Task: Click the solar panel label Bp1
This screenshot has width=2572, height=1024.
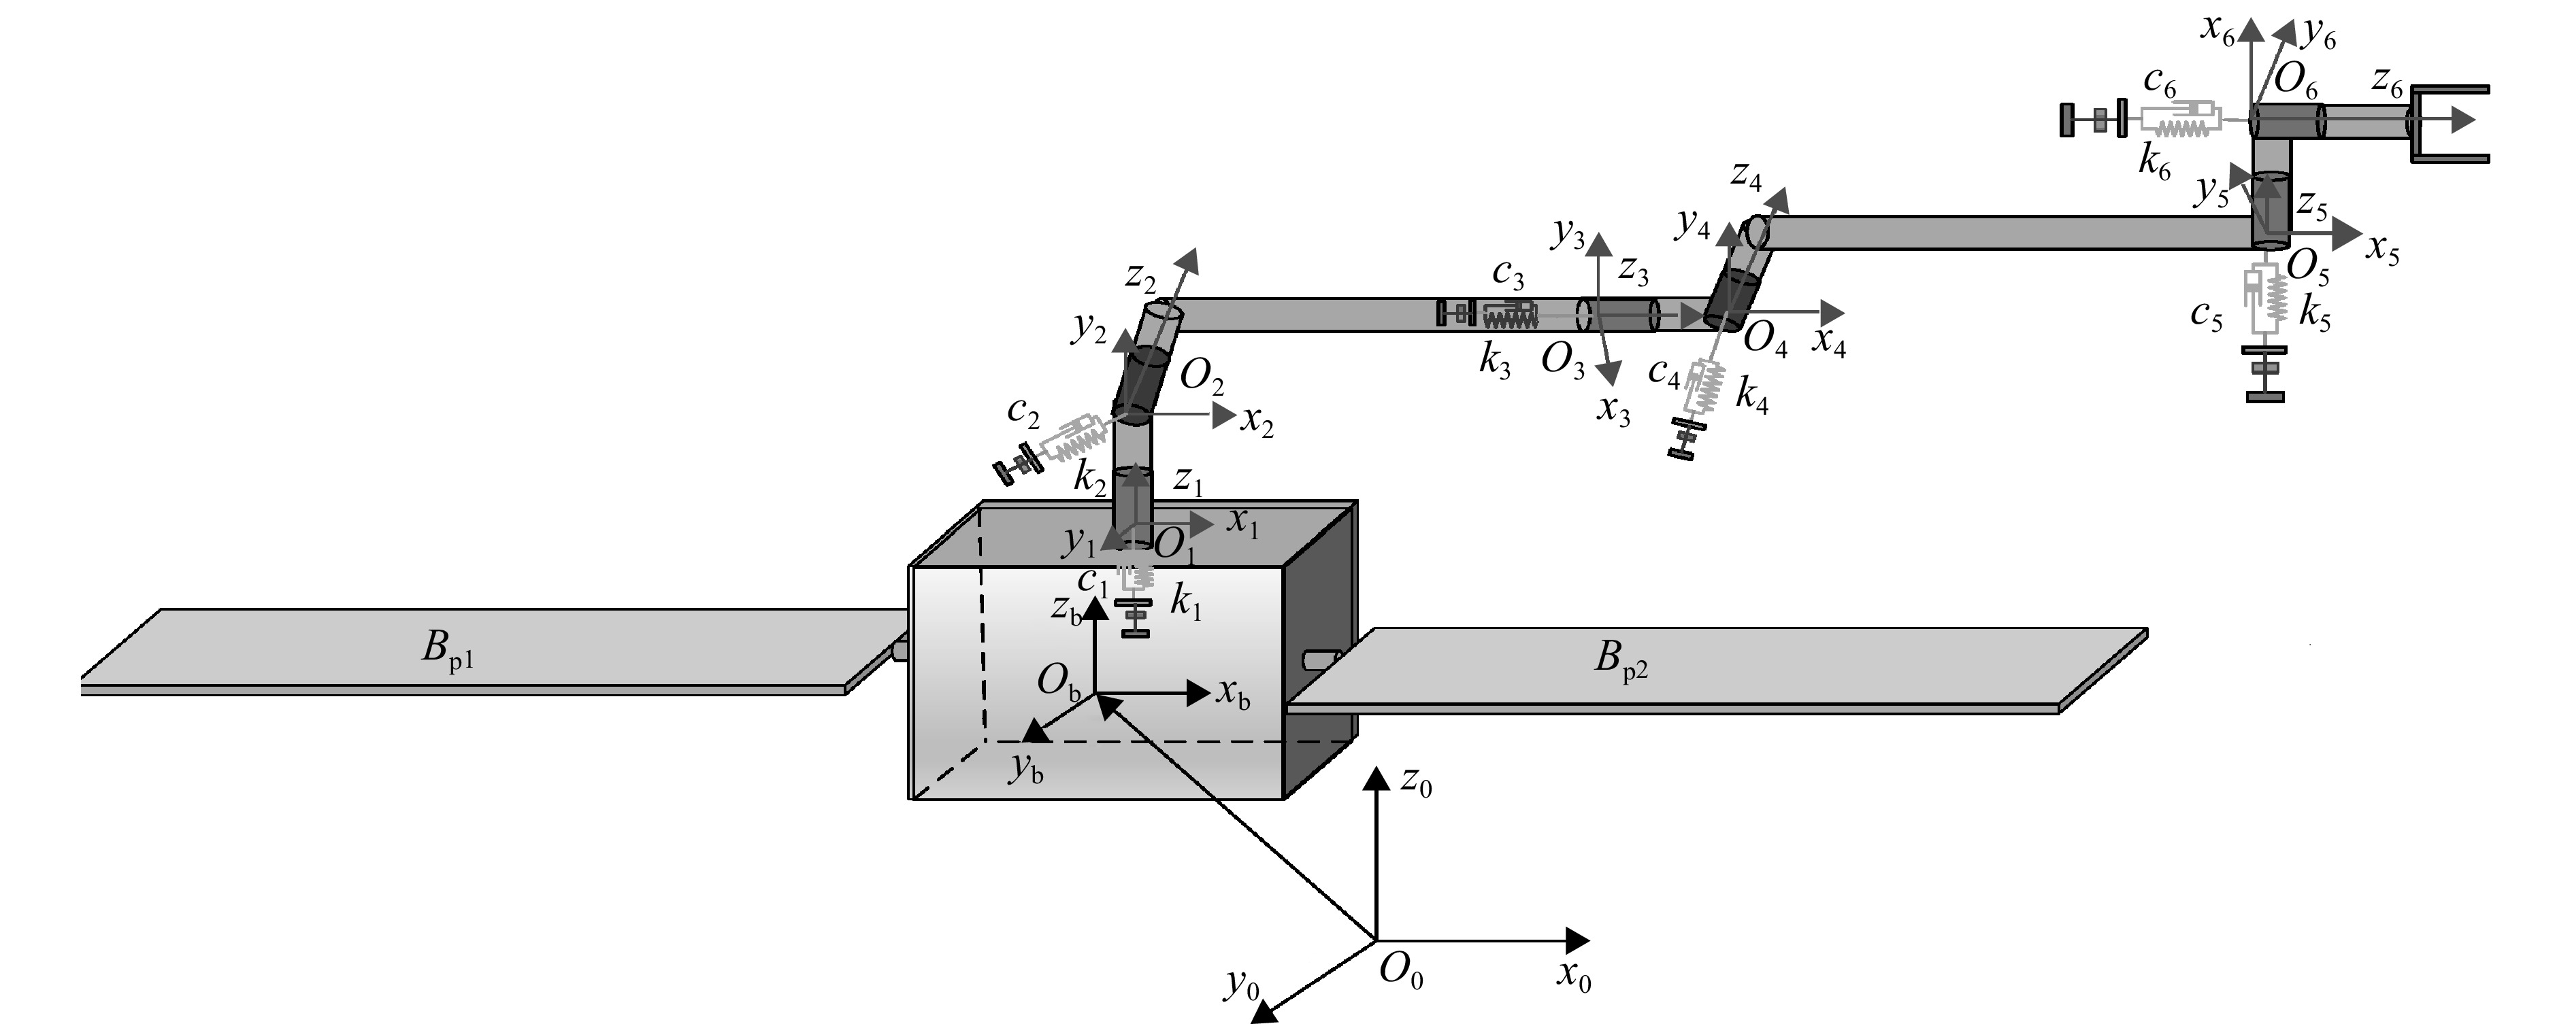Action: click(x=447, y=651)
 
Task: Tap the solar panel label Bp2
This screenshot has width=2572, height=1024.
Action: click(x=1621, y=661)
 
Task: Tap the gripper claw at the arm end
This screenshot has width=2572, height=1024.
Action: click(x=2450, y=123)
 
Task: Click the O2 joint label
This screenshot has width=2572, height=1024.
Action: click(x=1202, y=376)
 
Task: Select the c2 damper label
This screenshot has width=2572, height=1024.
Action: click(x=1023, y=410)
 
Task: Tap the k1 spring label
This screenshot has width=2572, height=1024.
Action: click(x=1186, y=604)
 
